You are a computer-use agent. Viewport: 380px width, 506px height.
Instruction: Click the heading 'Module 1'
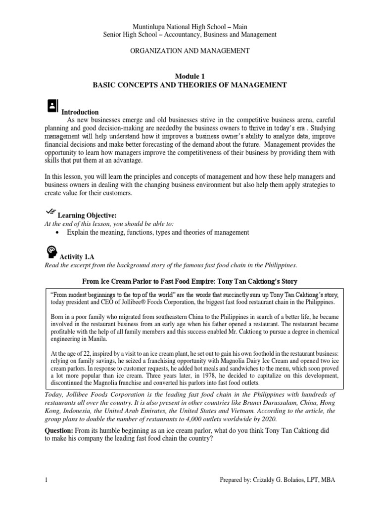[190, 75]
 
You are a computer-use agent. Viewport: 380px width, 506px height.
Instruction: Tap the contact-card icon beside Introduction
[51, 106]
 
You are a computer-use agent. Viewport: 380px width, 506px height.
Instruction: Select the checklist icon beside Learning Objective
[50, 211]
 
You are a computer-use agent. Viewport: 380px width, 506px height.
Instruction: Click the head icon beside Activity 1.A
[51, 253]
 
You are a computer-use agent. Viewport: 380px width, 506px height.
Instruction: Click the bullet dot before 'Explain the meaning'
[60, 232]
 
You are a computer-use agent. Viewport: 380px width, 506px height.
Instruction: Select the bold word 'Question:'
[60, 430]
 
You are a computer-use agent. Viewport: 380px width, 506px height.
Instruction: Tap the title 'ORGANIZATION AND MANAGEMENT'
[190, 50]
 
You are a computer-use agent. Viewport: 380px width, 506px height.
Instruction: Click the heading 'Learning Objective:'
[87, 215]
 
